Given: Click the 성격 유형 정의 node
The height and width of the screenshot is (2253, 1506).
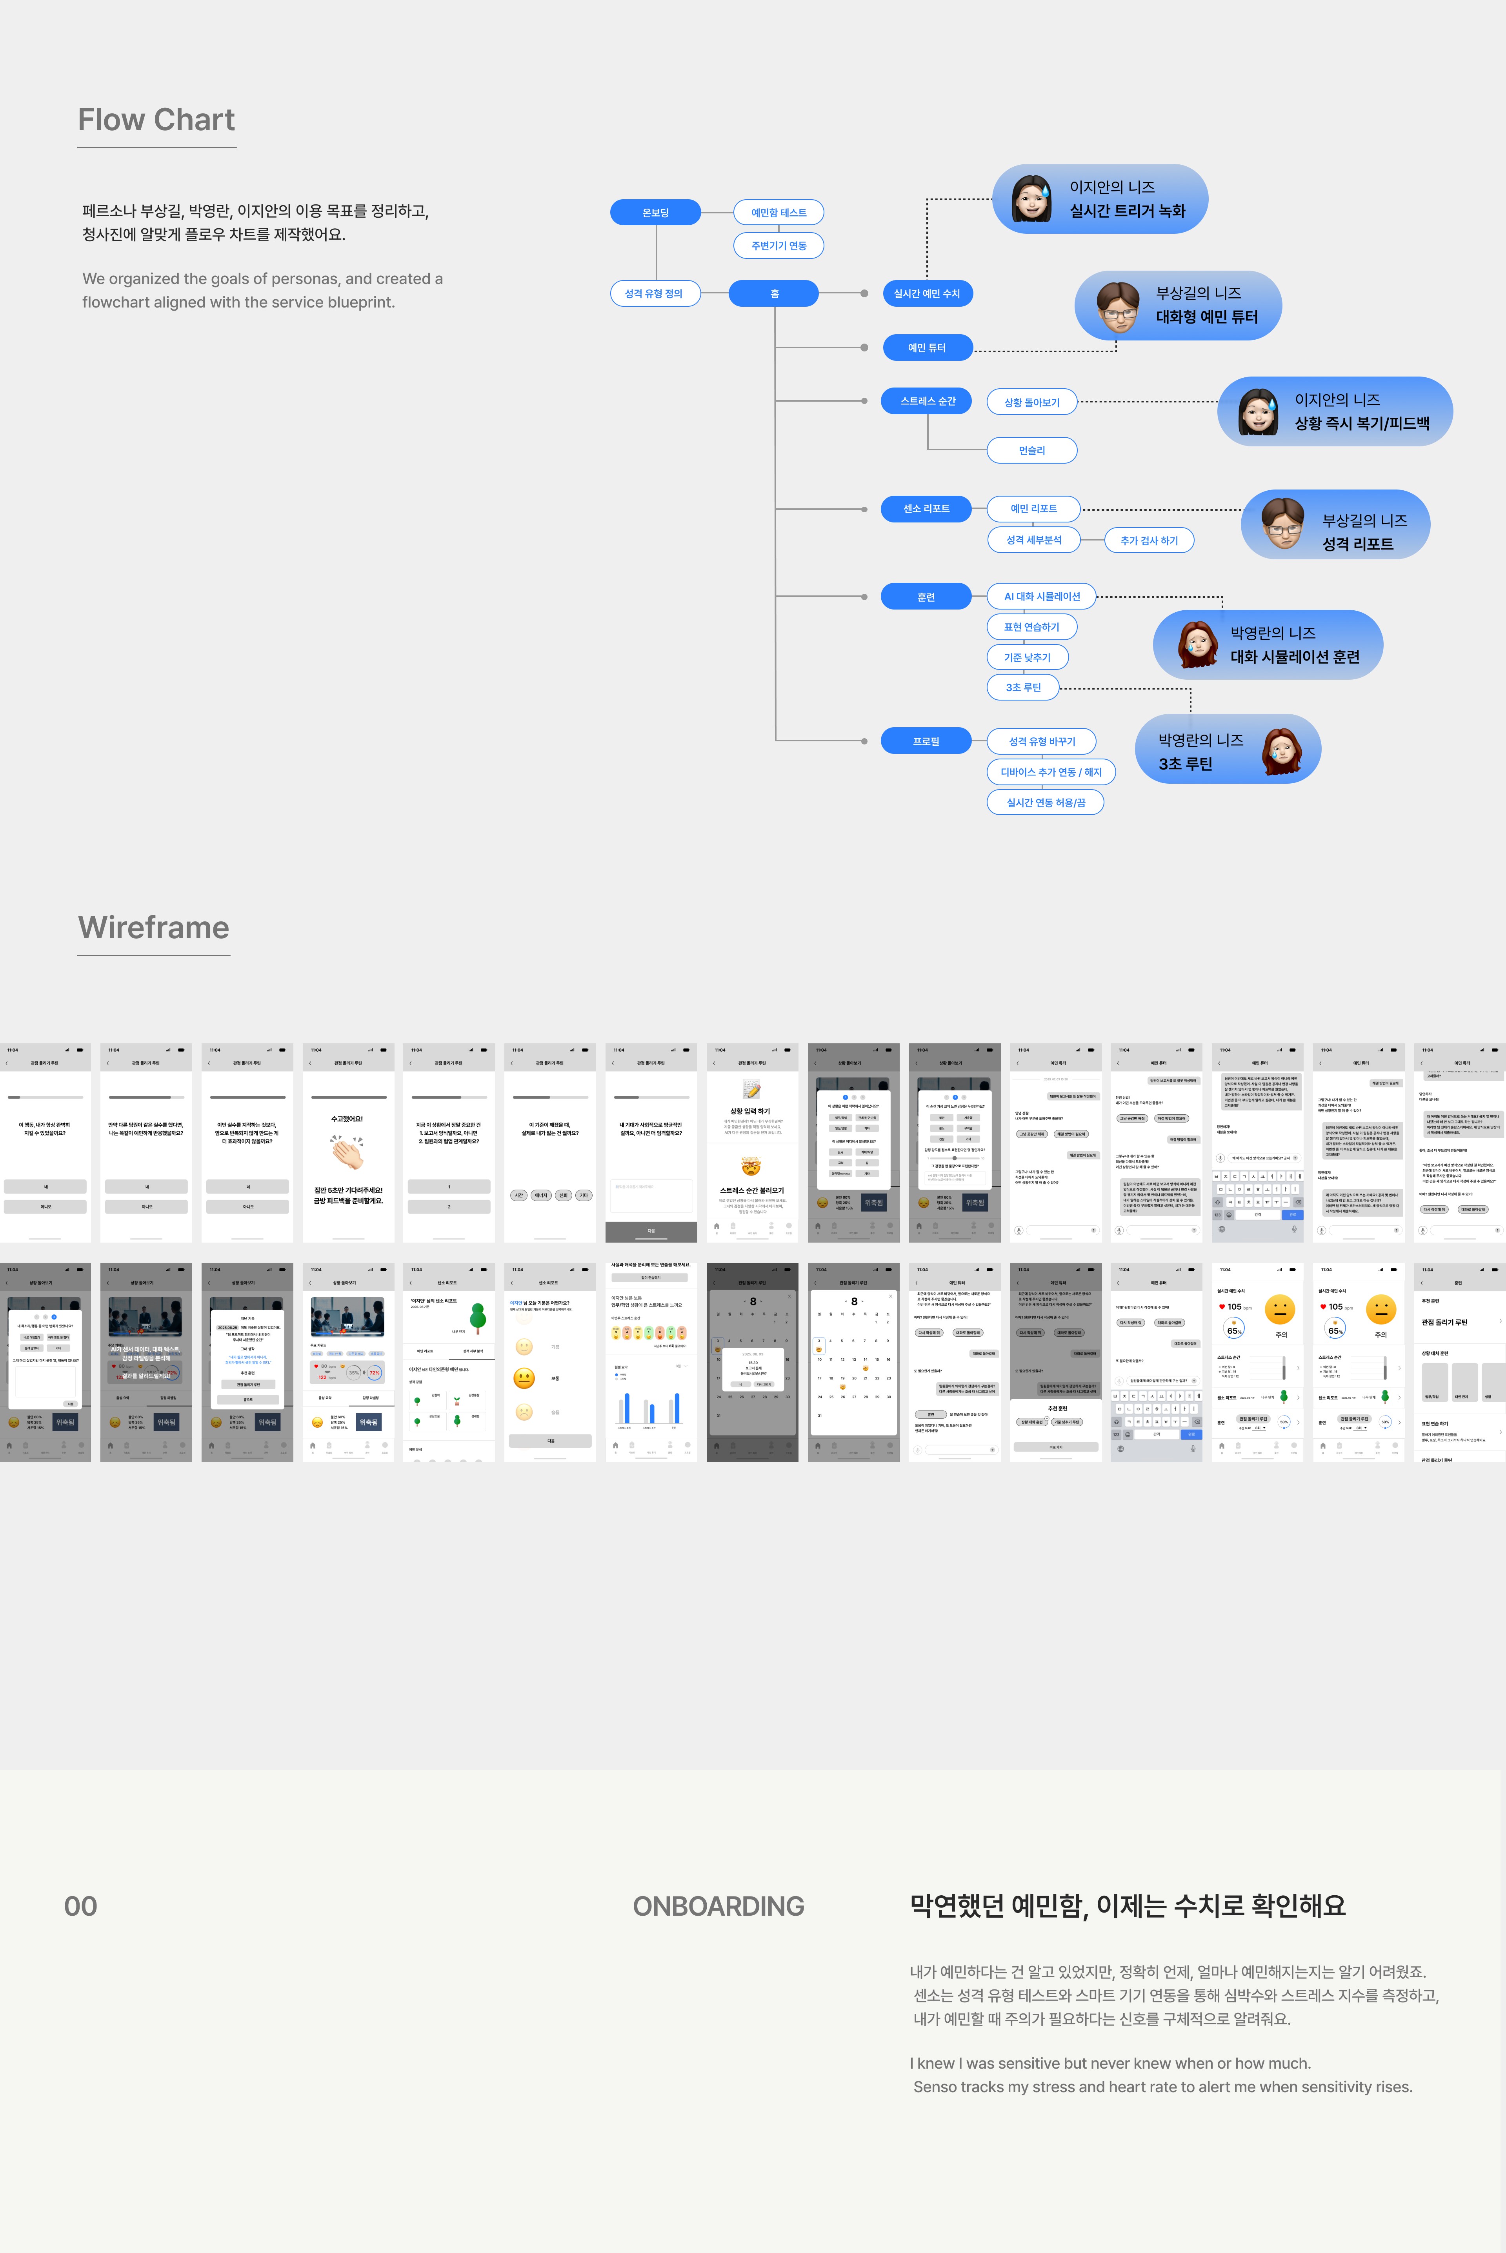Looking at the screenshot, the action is [654, 293].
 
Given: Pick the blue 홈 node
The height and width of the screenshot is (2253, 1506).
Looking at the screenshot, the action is [774, 293].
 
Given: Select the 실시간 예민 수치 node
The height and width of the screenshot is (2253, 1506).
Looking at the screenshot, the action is [927, 293].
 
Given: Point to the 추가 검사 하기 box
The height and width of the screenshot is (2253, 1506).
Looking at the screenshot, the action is [1149, 541].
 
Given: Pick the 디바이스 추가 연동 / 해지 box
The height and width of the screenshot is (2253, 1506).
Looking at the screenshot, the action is [1051, 772].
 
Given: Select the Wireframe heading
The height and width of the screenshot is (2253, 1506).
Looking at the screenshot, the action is [154, 928].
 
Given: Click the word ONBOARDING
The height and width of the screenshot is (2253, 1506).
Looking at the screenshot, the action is [718, 1906].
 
